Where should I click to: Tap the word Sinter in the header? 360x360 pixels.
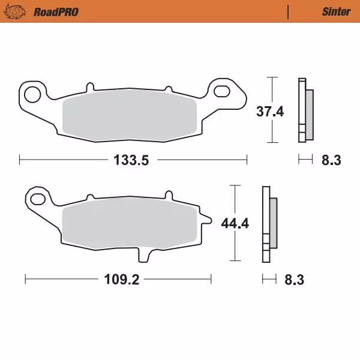[x=331, y=11]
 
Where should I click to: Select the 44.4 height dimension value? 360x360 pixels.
[x=236, y=224]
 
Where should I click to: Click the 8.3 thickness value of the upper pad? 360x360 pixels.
[x=332, y=160]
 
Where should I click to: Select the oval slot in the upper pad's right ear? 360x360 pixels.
[x=223, y=92]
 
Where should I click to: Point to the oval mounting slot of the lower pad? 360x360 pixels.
[x=38, y=199]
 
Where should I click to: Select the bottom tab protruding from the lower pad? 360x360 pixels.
[x=143, y=254]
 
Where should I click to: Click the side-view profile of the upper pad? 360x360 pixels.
[x=304, y=111]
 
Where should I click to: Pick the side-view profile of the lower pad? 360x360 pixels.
[x=268, y=224]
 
